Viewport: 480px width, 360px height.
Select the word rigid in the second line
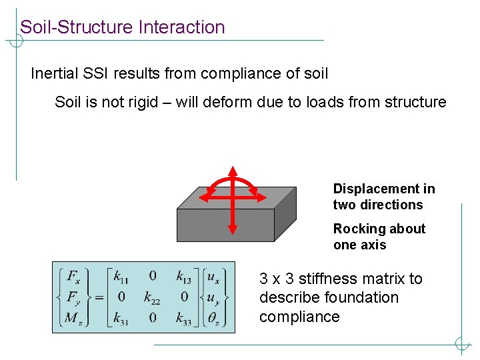pyautogui.click(x=153, y=102)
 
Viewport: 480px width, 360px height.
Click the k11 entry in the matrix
pyautogui.click(x=121, y=275)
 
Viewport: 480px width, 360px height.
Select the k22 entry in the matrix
pyautogui.click(x=153, y=297)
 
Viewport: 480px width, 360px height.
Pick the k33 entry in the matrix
pyautogui.click(x=184, y=319)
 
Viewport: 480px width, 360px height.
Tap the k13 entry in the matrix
pyautogui.click(x=184, y=275)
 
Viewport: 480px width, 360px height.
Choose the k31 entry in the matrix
pyautogui.click(x=121, y=319)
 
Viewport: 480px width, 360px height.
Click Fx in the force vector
pyautogui.click(x=74, y=275)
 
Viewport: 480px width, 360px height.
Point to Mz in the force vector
pyautogui.click(x=73, y=319)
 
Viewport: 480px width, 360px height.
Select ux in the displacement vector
pyautogui.click(x=214, y=275)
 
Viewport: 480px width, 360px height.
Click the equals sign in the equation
pyautogui.click(x=99, y=297)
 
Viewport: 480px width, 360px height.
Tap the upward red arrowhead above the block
pyautogui.click(x=232, y=171)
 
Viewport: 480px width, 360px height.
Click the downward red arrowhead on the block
pyautogui.click(x=232, y=229)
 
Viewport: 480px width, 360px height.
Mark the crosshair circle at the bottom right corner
pyautogui.click(x=461, y=345)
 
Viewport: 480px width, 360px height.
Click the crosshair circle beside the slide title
pyautogui.click(x=15, y=41)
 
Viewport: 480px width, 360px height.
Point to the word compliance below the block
pyautogui.click(x=299, y=317)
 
